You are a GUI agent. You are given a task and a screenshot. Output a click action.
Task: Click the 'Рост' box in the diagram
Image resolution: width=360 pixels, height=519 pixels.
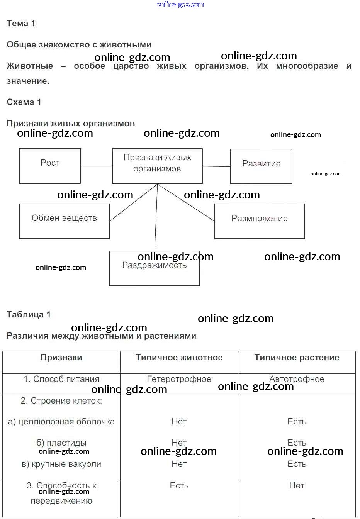click(x=50, y=166)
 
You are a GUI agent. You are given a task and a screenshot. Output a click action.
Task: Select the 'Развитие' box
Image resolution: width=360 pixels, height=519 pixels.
click(x=261, y=166)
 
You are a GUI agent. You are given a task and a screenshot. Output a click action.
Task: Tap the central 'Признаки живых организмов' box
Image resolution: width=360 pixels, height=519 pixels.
click(x=157, y=166)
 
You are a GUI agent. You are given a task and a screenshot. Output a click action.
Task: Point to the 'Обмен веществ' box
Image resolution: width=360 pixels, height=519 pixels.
click(x=64, y=221)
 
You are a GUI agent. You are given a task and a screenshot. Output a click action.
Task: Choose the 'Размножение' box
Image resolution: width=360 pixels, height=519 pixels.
click(x=260, y=221)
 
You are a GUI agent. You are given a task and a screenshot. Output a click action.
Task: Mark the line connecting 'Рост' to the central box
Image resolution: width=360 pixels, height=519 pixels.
click(x=97, y=166)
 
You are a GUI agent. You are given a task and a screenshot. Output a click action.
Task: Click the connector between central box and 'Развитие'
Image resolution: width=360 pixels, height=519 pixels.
click(x=216, y=166)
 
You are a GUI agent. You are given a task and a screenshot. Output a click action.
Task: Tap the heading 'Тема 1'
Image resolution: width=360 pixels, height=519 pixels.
click(x=21, y=23)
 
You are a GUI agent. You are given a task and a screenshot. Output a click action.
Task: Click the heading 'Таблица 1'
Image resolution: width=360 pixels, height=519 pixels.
click(x=29, y=314)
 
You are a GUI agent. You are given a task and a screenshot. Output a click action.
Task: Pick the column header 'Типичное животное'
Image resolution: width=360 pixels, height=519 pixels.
click(x=179, y=358)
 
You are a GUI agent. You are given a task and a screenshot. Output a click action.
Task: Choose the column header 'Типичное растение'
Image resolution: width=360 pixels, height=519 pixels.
click(x=297, y=358)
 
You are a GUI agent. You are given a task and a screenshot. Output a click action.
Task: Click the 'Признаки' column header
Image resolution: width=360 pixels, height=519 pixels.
click(x=61, y=358)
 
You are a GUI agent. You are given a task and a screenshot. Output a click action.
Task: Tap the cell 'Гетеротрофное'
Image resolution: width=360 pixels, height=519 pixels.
click(x=179, y=379)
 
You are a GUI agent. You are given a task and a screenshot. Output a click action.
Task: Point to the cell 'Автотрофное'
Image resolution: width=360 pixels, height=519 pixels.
click(x=297, y=379)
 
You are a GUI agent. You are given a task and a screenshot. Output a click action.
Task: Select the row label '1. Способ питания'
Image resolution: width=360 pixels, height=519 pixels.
click(x=61, y=379)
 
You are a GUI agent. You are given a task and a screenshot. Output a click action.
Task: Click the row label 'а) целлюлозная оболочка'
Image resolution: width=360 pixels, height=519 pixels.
click(x=61, y=422)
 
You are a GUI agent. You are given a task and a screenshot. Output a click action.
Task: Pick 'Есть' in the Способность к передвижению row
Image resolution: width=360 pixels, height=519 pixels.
click(x=179, y=486)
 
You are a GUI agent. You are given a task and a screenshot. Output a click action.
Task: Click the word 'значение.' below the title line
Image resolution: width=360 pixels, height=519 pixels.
click(x=28, y=81)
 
